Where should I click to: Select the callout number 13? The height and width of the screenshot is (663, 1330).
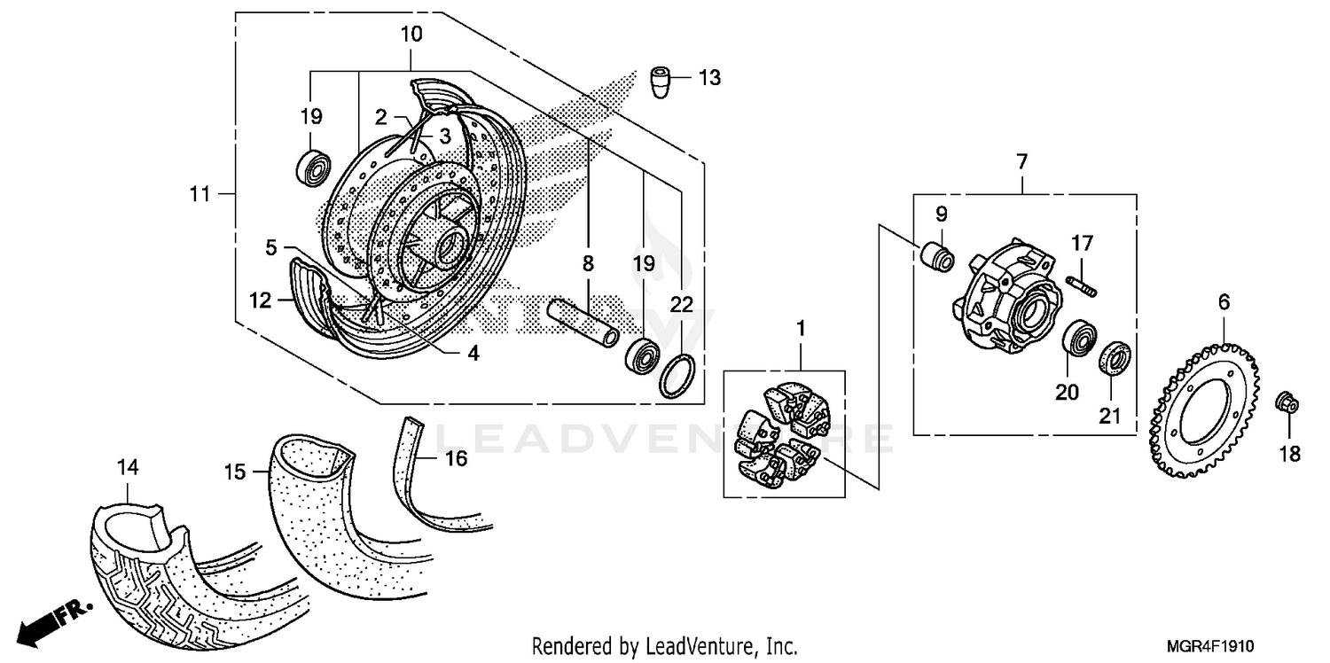tap(709, 78)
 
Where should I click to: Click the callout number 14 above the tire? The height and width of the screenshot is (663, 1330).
tap(129, 466)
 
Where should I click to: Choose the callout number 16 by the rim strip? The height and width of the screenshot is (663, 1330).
tap(455, 458)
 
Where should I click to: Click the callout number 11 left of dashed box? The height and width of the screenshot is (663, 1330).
tap(201, 193)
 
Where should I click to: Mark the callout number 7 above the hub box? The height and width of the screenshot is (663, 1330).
tap(1021, 162)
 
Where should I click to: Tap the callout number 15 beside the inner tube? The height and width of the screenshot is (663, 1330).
tap(233, 472)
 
